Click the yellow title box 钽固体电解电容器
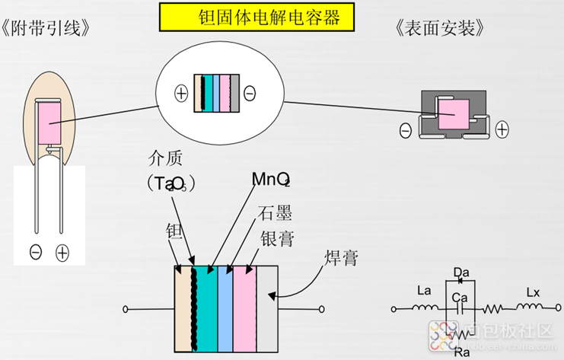pyautogui.click(x=257, y=16)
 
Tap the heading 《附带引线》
pyautogui.click(x=50, y=30)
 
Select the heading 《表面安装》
pyautogui.click(x=442, y=30)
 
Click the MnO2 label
pyautogui.click(x=271, y=179)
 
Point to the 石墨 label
pyautogui.click(x=275, y=212)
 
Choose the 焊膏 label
pyautogui.click(x=339, y=259)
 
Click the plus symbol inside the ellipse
pyautogui.click(x=181, y=94)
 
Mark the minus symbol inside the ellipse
pyautogui.click(x=250, y=94)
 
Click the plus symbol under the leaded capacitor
pyautogui.click(x=62, y=252)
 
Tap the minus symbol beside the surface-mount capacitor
pyautogui.click(x=406, y=131)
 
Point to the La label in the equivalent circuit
pyautogui.click(x=425, y=291)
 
